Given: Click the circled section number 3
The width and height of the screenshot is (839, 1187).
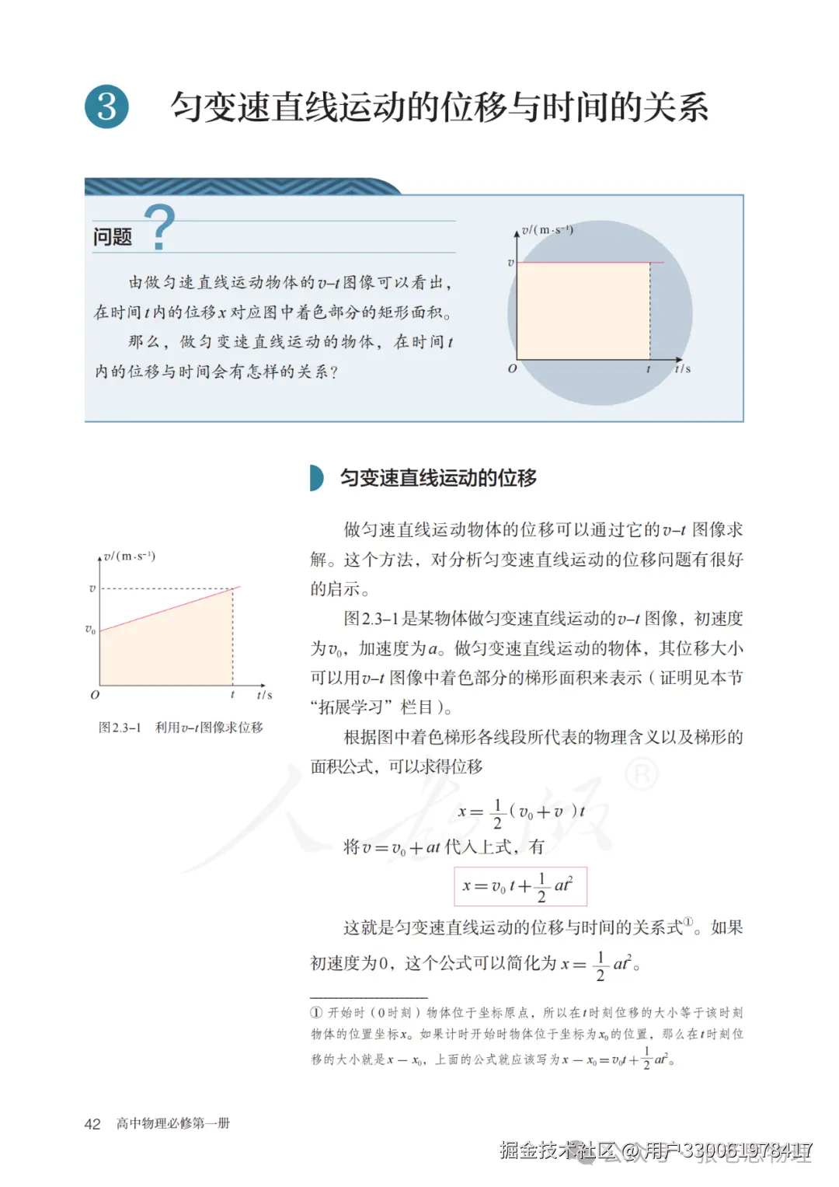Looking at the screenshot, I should (x=106, y=106).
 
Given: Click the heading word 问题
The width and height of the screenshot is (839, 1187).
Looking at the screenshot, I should (x=113, y=236).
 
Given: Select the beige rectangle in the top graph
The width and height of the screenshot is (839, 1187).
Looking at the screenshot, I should (x=583, y=311).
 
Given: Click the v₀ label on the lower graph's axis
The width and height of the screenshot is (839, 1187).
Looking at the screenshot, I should (x=91, y=630).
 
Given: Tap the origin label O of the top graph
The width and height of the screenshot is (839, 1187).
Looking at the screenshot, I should (x=512, y=368).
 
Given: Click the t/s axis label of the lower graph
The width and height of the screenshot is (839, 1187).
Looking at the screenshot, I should (x=264, y=695).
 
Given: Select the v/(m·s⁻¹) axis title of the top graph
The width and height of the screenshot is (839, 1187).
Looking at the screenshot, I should (x=548, y=230).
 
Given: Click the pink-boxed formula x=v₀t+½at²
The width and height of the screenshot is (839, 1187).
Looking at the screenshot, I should (x=520, y=886).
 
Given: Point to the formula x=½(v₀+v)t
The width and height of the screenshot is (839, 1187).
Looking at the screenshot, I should (x=521, y=813).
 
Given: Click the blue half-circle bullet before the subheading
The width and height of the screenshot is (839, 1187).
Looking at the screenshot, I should (x=316, y=478).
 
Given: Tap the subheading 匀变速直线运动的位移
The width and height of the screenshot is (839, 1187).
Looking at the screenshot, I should (x=438, y=478).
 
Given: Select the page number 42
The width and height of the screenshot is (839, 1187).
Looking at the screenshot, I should (x=92, y=1124).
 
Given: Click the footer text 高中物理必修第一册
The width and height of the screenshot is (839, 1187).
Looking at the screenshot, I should (x=173, y=1123).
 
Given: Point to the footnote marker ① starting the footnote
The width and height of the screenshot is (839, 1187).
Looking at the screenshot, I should (x=316, y=1013).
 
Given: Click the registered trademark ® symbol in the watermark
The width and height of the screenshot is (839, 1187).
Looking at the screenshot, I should (x=642, y=774).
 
